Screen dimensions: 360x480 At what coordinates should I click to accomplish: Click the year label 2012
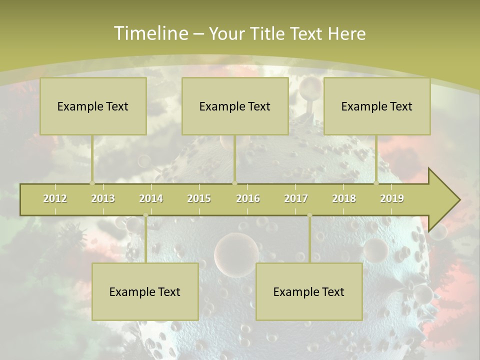[x=55, y=198]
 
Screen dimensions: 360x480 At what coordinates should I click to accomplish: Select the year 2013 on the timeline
[x=103, y=198]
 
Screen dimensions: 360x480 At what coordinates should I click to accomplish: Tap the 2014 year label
[x=151, y=198]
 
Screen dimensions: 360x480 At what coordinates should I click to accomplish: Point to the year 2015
[x=199, y=198]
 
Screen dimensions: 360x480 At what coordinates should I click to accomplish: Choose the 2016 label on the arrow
[x=248, y=198]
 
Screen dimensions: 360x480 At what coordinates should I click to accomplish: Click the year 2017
[x=296, y=198]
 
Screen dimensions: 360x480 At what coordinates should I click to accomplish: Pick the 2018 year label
[x=344, y=198]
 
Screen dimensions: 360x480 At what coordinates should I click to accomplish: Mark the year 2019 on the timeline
[x=392, y=198]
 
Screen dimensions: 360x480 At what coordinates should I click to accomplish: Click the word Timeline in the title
[x=150, y=33]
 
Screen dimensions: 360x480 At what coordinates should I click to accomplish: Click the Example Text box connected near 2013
[x=93, y=106]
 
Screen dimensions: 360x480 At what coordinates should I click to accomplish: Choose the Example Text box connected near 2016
[x=235, y=106]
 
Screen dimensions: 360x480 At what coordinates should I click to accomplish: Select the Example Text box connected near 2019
[x=377, y=106]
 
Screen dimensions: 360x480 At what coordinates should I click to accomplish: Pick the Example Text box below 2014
[x=145, y=291]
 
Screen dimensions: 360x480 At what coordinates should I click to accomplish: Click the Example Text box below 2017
[x=309, y=291]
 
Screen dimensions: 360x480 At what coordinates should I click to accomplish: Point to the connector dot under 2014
[x=145, y=215]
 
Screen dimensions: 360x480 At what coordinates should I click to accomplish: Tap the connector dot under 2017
[x=309, y=215]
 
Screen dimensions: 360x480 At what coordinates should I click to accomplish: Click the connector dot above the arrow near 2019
[x=376, y=183]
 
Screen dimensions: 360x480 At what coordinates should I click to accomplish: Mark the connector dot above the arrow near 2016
[x=234, y=183]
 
